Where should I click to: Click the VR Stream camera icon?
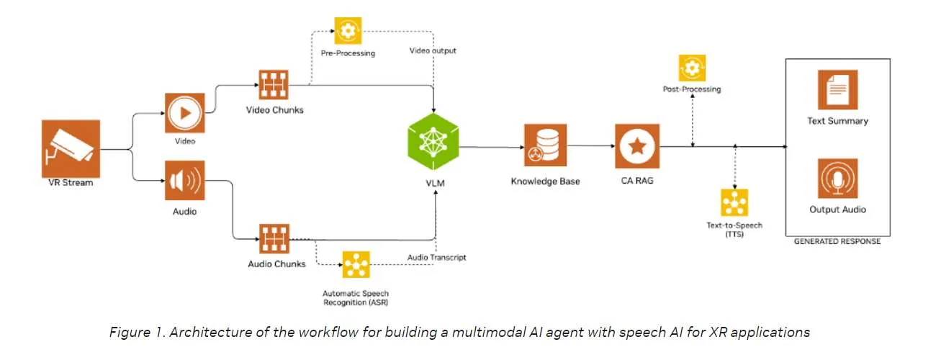71,149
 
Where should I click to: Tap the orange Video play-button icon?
185,113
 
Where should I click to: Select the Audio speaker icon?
185,180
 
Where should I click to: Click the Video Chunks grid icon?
274,84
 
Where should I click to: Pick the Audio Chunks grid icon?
274,238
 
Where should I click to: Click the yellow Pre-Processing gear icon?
348,31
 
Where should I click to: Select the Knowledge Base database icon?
545,145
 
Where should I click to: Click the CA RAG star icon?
637,145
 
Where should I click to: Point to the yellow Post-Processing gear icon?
693,68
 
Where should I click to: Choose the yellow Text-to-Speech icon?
735,203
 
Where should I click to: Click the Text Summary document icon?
837,89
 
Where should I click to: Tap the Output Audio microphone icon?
837,178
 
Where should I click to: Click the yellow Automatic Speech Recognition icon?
356,265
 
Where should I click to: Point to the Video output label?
433,50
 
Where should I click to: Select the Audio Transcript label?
437,257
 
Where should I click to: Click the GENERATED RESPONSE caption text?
837,241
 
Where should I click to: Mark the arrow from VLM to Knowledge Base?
492,147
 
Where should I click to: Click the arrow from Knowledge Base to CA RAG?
591,145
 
